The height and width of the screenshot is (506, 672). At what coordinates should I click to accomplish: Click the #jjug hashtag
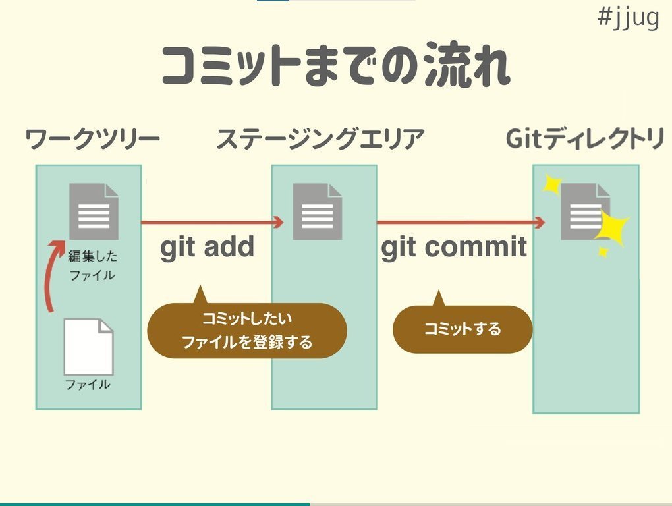(x=628, y=18)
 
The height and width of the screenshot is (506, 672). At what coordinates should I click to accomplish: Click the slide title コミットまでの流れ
(x=335, y=65)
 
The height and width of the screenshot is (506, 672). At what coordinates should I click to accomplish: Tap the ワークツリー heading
(x=92, y=140)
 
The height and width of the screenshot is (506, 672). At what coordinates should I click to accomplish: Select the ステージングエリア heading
(x=320, y=140)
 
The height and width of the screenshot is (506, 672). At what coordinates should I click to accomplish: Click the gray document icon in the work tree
(x=94, y=211)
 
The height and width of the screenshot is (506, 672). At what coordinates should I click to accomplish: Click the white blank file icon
(x=88, y=347)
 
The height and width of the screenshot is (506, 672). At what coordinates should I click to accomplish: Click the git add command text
(x=207, y=247)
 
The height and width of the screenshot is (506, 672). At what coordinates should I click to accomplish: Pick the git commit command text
(x=454, y=247)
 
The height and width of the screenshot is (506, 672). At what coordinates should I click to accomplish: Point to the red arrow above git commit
(x=461, y=223)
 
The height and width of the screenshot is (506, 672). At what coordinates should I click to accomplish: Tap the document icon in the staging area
(x=318, y=211)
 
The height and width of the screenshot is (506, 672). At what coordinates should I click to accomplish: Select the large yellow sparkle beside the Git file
(x=611, y=227)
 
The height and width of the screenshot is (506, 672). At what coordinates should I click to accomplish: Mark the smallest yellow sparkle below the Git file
(x=602, y=252)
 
